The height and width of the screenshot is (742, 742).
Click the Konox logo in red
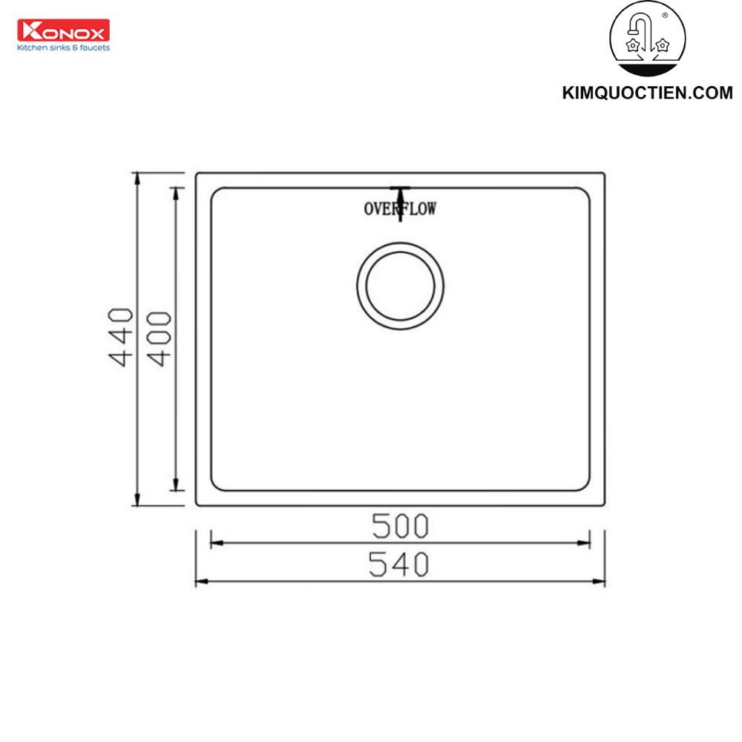(x=63, y=30)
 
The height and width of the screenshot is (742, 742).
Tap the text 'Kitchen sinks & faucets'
(x=63, y=47)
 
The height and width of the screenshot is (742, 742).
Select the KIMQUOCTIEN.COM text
(x=647, y=93)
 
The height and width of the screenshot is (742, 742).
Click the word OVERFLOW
(x=400, y=209)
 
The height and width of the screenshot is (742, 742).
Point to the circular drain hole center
(x=400, y=286)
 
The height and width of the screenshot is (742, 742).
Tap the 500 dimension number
(x=400, y=526)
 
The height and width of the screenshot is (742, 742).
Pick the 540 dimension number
(x=400, y=565)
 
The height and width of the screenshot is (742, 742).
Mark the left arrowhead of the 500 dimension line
(x=214, y=543)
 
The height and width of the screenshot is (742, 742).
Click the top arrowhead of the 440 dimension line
(x=137, y=177)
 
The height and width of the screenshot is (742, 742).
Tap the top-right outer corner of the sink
(x=604, y=174)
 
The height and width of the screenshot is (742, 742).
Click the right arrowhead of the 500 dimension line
(x=586, y=543)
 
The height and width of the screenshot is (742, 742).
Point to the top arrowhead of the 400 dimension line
(x=176, y=191)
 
